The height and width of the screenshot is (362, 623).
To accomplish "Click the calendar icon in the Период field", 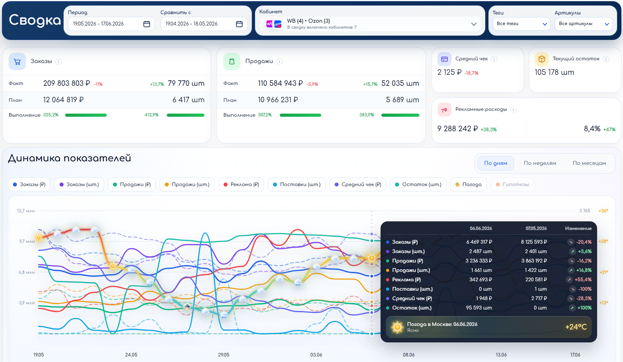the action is pos(147,24).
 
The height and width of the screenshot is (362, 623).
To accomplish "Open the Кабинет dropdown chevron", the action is pos(474,24).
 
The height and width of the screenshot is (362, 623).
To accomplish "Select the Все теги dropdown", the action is pos(521,24).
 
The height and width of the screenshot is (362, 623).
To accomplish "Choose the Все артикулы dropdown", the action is pos(583,24).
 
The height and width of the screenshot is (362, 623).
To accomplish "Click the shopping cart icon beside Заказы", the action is pos(17,62).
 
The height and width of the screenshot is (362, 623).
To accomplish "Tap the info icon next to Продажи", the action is pos(279,62).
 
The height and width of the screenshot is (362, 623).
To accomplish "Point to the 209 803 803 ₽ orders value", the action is pos(66,83).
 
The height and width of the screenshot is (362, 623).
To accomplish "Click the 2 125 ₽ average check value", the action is pos(450,72).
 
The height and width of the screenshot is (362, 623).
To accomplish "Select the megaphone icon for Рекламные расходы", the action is pos(444,110).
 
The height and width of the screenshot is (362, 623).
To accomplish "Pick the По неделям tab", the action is pos(540,163).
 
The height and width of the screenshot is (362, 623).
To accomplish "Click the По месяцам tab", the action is pos(589,163).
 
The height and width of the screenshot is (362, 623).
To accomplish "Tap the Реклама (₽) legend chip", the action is pos(241,185).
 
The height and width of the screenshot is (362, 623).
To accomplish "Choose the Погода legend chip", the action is pos(468,185).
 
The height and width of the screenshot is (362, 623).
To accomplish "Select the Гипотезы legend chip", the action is pos(512,185).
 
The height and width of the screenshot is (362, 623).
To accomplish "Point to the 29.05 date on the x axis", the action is pos(224,355).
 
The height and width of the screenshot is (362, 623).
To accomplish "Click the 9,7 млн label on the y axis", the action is pos(27,241).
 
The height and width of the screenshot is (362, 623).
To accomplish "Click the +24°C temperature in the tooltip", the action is pos(576,327).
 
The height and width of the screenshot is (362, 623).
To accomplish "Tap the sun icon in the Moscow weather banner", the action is pos(397,327).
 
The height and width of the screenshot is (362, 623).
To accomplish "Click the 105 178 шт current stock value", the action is pos(554,72).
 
